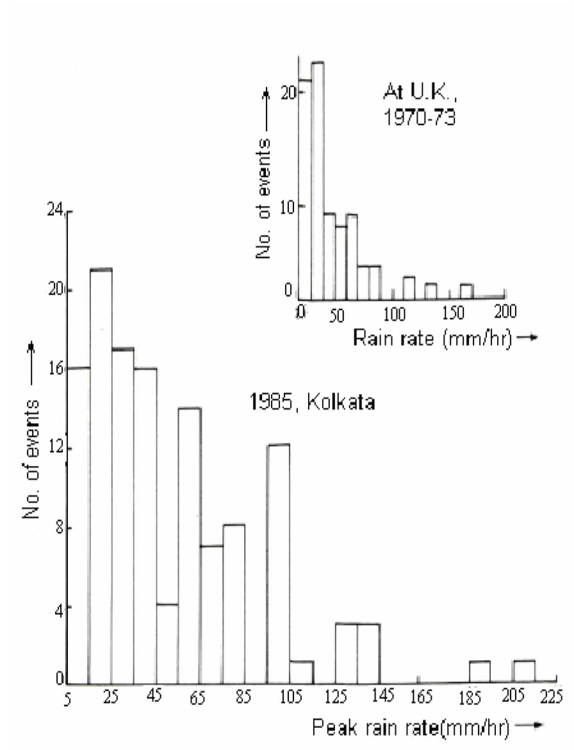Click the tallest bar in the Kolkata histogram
101,475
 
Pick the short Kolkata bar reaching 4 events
167,643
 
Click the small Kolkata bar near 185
479,672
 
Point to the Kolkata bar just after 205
524,672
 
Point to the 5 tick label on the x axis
67,700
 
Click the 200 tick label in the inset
504,312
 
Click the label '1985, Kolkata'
312,402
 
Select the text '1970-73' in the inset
419,118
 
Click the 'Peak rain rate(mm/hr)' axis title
411,728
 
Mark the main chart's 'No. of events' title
32,459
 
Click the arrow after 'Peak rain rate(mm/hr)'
529,726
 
